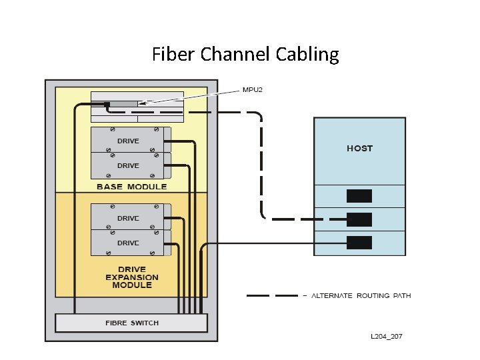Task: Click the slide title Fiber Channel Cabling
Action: coord(245,54)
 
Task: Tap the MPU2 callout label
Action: coord(252,90)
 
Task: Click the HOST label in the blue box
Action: coord(359,148)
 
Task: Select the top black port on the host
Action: coord(359,196)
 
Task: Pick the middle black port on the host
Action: coord(359,219)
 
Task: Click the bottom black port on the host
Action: coord(359,243)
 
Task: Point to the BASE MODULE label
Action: coord(131,187)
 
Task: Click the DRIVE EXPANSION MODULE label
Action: coord(132,277)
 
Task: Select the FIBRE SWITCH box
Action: coord(131,323)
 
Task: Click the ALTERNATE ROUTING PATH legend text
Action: coord(361,295)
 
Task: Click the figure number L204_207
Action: coord(386,337)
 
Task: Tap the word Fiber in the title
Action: coord(171,54)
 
